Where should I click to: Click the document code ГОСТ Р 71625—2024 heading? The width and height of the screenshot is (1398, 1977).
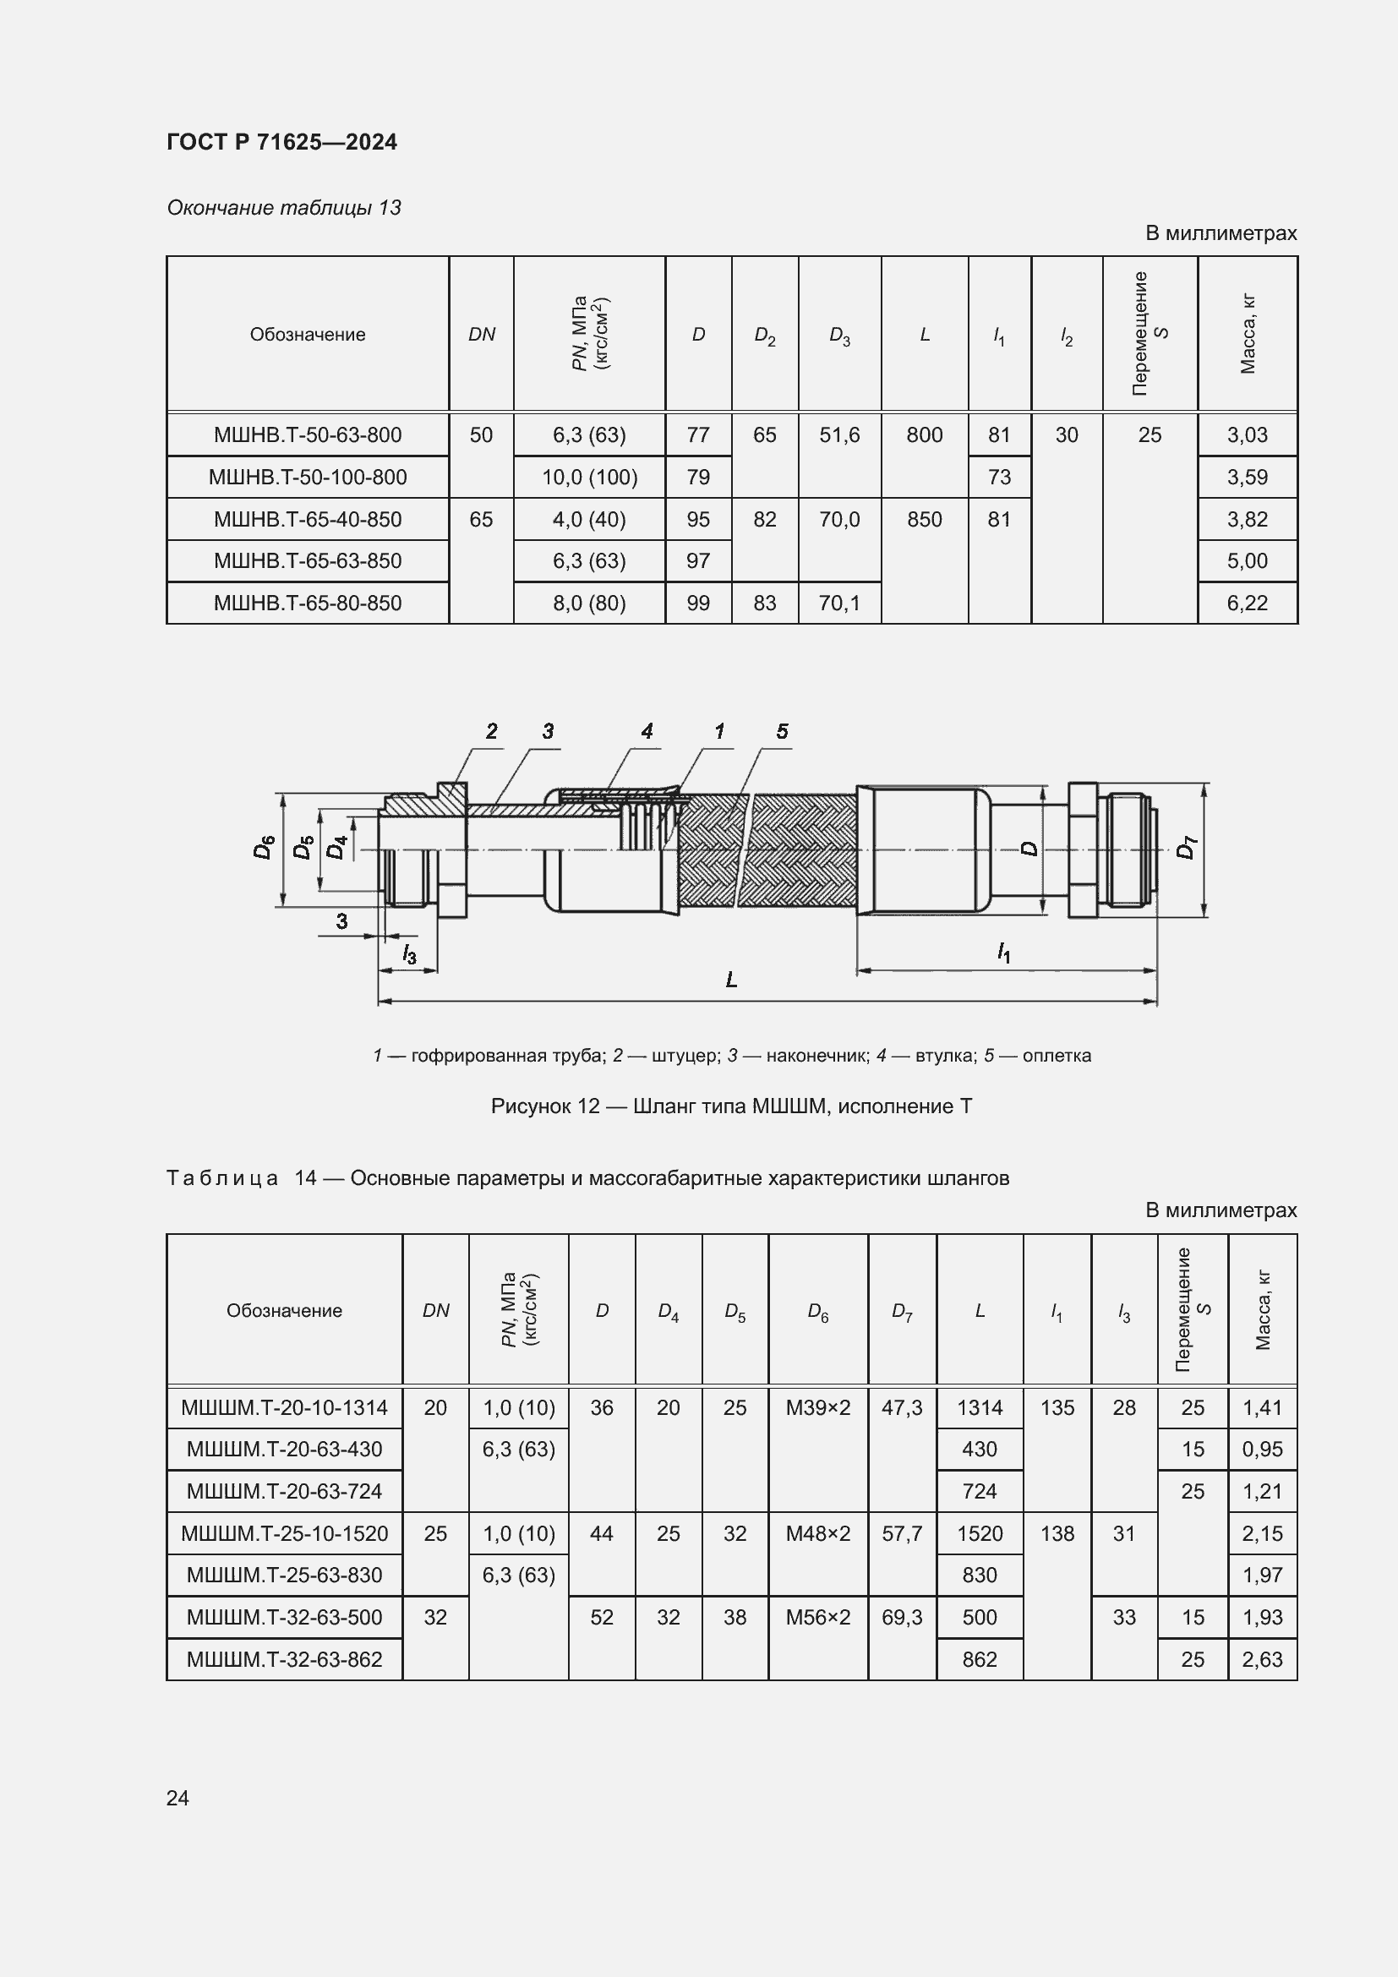pyautogui.click(x=281, y=142)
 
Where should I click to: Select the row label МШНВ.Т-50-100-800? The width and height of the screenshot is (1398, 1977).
pyautogui.click(x=308, y=477)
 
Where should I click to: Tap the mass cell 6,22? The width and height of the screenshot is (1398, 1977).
pyautogui.click(x=1247, y=603)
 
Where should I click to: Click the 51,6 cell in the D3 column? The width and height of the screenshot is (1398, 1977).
pyautogui.click(x=839, y=434)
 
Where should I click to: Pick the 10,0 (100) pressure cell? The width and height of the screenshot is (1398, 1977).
pyautogui.click(x=589, y=477)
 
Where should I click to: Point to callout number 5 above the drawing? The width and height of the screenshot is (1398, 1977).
pyautogui.click(x=782, y=732)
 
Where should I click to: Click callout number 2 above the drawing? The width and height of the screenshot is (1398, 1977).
pyautogui.click(x=492, y=732)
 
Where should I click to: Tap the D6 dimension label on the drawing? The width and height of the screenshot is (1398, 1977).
pyautogui.click(x=264, y=847)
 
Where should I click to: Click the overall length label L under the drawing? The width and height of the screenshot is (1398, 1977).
pyautogui.click(x=731, y=980)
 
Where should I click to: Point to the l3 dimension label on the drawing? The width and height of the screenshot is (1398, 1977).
pyautogui.click(x=409, y=954)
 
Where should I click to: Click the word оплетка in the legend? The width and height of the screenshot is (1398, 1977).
pyautogui.click(x=1057, y=1056)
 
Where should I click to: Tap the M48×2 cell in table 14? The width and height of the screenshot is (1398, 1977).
pyautogui.click(x=817, y=1533)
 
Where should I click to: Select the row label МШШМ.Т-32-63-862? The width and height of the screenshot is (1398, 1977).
pyautogui.click(x=284, y=1659)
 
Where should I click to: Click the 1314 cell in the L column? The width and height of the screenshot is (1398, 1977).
pyautogui.click(x=980, y=1408)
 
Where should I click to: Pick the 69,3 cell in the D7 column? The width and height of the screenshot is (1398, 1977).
pyautogui.click(x=901, y=1617)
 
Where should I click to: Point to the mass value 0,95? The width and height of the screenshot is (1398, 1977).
pyautogui.click(x=1262, y=1450)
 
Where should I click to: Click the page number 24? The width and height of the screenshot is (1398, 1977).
pyautogui.click(x=177, y=1798)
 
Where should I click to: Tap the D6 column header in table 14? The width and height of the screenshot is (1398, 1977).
pyautogui.click(x=817, y=1312)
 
